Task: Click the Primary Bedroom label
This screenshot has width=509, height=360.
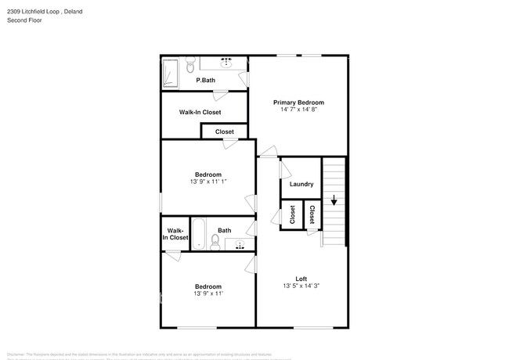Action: (298, 103)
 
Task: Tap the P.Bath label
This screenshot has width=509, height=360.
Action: (206, 81)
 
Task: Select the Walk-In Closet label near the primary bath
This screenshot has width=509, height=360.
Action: (200, 113)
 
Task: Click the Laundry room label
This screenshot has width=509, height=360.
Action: (301, 185)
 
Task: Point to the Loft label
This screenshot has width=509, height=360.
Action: (301, 279)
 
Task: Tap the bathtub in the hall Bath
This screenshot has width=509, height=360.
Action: (200, 234)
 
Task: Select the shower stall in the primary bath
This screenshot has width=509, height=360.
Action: (171, 74)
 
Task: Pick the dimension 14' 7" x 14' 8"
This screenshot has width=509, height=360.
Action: (298, 110)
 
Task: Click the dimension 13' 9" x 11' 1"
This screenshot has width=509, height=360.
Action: (208, 182)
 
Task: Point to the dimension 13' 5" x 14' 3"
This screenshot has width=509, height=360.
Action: (301, 286)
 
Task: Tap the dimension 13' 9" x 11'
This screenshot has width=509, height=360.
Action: (208, 294)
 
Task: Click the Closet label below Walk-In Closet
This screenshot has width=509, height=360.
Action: (225, 132)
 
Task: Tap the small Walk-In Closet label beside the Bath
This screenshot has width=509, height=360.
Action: (175, 234)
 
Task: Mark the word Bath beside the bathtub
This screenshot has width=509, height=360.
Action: (225, 230)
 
